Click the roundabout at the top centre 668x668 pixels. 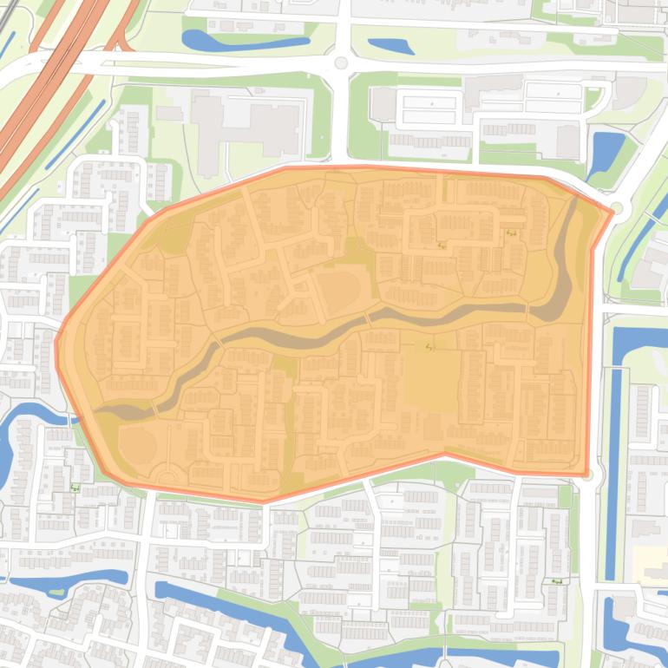pos(341,62)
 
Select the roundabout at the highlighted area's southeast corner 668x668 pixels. pos(589,475)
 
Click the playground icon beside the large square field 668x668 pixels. pos(429,347)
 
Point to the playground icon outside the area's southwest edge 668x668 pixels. pos(75,488)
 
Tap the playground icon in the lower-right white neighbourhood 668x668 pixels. pos(555,582)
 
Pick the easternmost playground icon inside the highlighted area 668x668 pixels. pos(511,232)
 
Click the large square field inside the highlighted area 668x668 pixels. pos(431,381)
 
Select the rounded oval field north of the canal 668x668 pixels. pos(340,291)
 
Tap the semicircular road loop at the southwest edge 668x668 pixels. pos(165,474)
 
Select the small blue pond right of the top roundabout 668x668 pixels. pos(390,46)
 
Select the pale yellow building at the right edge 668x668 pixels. pos(651,564)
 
